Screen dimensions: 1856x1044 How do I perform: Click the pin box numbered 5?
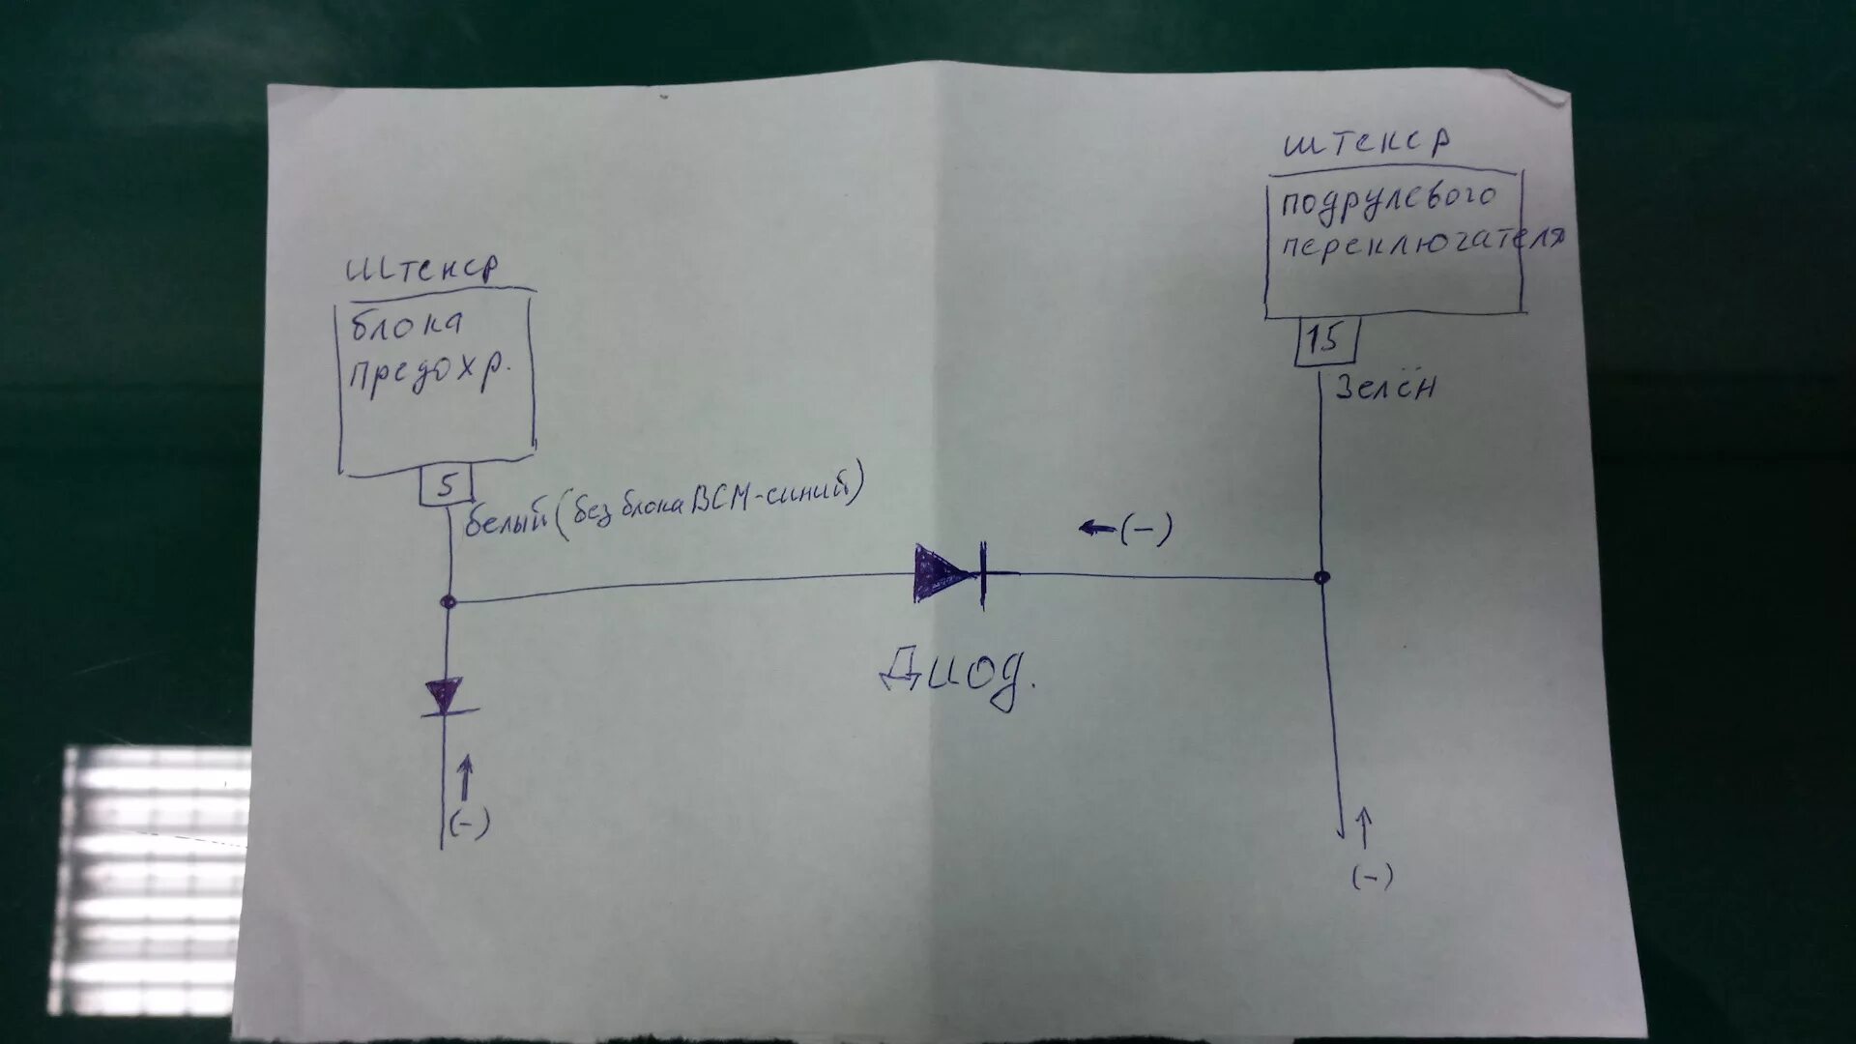[x=445, y=485]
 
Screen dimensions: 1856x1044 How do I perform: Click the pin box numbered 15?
[x=1325, y=340]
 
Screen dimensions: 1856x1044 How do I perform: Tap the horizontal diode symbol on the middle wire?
[x=951, y=576]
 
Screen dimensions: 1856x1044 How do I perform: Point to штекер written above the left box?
[x=422, y=268]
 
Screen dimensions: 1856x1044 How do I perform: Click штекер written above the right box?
[x=1366, y=145]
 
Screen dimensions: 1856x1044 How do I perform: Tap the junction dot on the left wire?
[x=448, y=601]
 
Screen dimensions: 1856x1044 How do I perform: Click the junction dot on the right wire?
[x=1321, y=578]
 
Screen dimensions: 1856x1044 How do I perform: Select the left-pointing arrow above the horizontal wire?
[x=1096, y=529]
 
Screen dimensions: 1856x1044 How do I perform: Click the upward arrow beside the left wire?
[x=465, y=777]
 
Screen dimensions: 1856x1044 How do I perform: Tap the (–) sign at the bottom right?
[x=1372, y=877]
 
